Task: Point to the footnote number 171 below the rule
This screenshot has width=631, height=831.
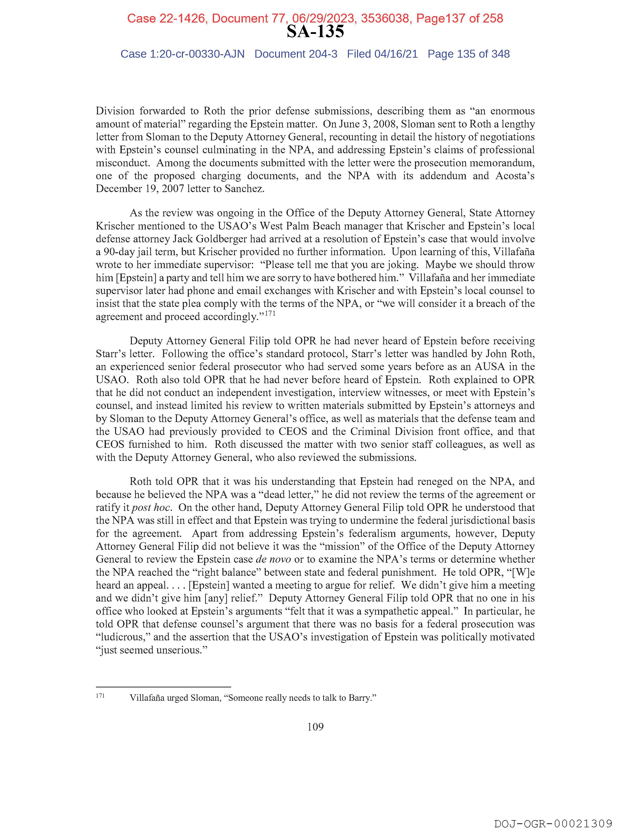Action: click(100, 696)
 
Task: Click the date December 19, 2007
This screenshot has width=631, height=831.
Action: click(140, 189)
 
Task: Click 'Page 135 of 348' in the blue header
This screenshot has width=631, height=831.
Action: click(468, 54)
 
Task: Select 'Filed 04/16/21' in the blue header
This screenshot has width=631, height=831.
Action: click(382, 54)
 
